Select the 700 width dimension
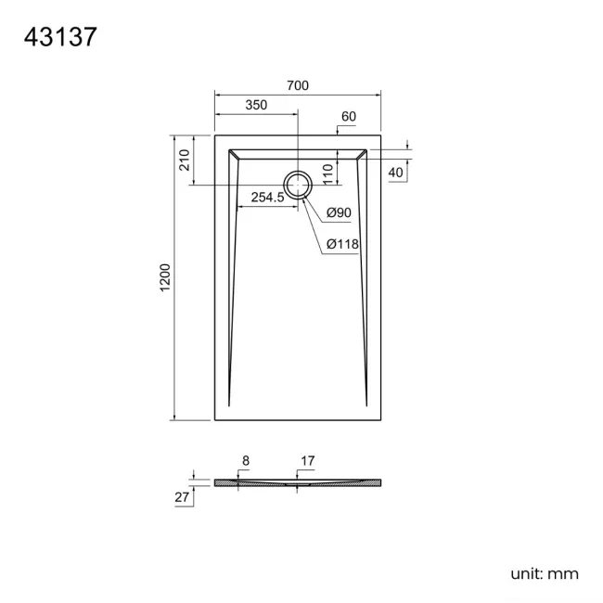(297, 85)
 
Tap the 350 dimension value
(256, 106)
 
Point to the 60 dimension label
(349, 117)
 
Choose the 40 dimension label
(396, 173)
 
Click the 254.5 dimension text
(268, 198)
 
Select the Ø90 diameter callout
(339, 213)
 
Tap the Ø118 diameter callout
(342, 244)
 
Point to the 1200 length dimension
(166, 278)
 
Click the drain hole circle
(298, 186)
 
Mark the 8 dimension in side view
(245, 459)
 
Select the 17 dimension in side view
(308, 459)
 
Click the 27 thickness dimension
(181, 498)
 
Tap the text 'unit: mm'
(544, 573)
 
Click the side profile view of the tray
(297, 483)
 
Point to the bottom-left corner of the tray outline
(215, 419)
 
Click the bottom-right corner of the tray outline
(380, 419)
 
